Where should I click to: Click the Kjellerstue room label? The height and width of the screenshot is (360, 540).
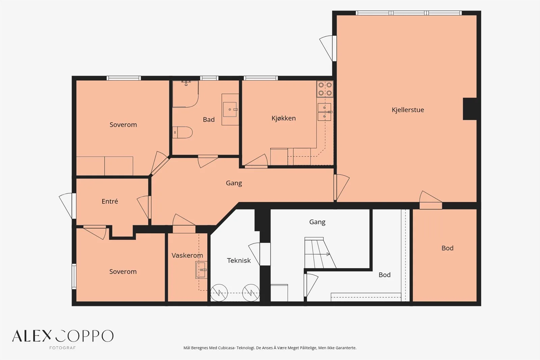pos(408,110)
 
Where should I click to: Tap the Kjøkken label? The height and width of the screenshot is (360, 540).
pos(283,118)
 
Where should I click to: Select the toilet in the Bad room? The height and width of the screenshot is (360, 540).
pos(182,132)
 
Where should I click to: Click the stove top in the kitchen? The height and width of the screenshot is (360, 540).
pos(325,89)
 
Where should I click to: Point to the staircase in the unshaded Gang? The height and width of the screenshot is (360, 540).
pos(320,253)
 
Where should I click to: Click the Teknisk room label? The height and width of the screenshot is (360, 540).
pos(239,261)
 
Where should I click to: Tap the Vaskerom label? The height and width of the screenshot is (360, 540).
pos(187,255)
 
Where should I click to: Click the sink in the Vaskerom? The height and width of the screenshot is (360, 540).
pos(201,270)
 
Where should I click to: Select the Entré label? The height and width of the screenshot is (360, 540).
pos(110,201)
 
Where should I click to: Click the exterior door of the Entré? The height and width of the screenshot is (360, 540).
pos(68,206)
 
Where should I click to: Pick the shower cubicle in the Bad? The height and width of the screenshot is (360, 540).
pos(185,94)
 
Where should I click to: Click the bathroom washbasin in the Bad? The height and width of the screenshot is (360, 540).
pos(230,109)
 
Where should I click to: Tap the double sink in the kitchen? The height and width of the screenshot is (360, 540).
pos(324,112)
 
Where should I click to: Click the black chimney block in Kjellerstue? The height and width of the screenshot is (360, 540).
pos(470,109)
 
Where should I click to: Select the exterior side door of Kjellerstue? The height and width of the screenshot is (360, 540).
pos(328,48)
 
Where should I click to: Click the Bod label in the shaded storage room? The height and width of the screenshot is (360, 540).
pos(448,248)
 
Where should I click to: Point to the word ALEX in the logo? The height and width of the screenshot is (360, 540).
pos(32,336)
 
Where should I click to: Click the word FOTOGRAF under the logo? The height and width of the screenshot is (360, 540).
pos(62,348)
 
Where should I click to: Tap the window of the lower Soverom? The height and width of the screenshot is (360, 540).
pos(74,277)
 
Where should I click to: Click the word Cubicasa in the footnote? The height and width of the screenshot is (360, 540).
pos(227,348)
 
